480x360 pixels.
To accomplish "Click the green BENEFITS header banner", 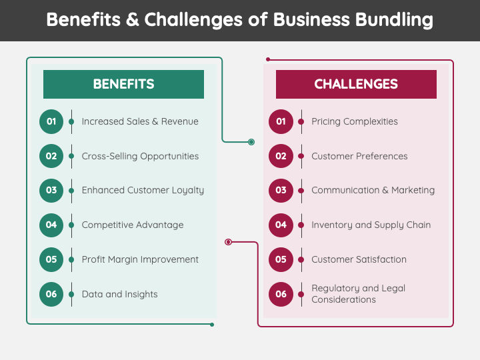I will point(123,84).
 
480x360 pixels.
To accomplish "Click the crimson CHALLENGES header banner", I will point(356,84).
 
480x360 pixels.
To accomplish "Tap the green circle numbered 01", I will point(51,121).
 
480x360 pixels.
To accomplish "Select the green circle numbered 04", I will point(51,225).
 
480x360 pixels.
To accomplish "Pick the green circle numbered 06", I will point(51,294).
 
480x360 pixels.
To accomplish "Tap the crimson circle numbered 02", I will point(281,156).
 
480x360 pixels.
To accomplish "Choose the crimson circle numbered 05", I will point(281,259).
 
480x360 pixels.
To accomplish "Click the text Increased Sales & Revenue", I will point(140,121).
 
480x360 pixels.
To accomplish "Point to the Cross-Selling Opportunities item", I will point(140,156).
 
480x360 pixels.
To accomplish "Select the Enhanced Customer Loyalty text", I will point(143,190).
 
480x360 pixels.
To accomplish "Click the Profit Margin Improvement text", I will point(140,259).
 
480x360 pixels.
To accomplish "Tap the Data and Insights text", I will point(119,294).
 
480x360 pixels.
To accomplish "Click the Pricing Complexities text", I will point(354,121).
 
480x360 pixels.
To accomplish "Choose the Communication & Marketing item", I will point(373,190).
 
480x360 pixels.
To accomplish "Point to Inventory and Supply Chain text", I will point(371,225).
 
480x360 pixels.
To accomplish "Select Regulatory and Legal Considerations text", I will point(358,294).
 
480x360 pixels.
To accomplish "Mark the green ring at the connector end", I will point(251,142).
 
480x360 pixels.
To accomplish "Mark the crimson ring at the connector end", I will point(229,242).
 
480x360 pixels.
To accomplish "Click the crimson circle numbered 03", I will point(281,190).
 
